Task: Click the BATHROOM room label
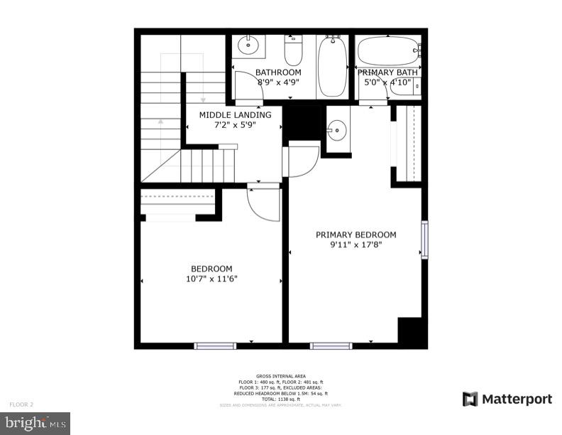(x=278, y=72)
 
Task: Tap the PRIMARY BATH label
(x=387, y=72)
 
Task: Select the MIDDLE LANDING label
(x=235, y=114)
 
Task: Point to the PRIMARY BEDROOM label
(x=356, y=235)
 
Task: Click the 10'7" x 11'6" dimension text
(x=211, y=279)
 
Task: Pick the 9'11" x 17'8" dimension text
(x=356, y=245)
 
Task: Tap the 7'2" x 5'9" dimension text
(x=235, y=125)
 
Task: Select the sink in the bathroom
(x=248, y=46)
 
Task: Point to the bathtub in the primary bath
(x=387, y=50)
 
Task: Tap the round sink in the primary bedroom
(x=337, y=129)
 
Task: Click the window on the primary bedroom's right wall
(x=424, y=240)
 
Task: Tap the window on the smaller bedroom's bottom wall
(x=215, y=346)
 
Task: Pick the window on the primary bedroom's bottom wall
(x=331, y=346)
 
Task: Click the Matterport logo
(x=507, y=399)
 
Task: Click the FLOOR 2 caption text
(x=21, y=404)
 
